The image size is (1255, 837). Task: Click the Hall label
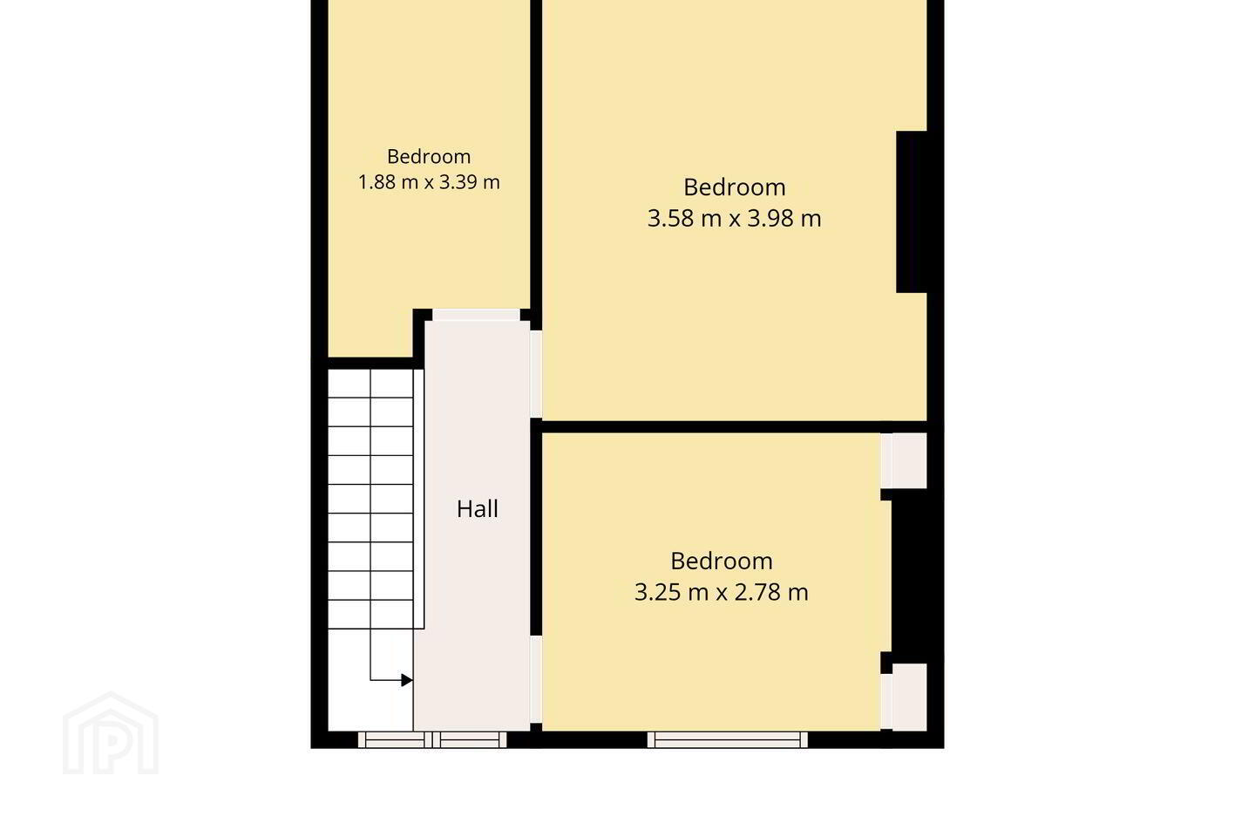(478, 509)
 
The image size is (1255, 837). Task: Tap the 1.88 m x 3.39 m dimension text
(429, 182)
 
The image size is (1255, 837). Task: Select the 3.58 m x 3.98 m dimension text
(734, 218)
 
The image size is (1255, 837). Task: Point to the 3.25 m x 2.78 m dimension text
(721, 592)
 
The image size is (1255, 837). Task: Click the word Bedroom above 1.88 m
(429, 156)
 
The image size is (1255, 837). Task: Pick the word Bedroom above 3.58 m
(734, 187)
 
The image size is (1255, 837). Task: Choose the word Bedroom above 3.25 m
(721, 561)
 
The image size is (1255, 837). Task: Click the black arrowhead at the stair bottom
(407, 681)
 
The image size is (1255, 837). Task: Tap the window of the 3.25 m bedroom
(727, 740)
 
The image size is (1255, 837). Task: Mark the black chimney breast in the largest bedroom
(912, 212)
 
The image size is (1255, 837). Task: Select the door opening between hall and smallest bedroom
(476, 315)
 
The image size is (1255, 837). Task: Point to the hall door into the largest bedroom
(536, 374)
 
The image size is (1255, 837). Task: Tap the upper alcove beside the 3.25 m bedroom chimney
(909, 460)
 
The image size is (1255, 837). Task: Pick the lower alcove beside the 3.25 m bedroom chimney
(909, 697)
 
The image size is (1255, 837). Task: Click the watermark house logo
(111, 732)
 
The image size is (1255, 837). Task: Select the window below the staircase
(395, 740)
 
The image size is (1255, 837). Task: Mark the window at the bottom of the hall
(470, 740)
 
